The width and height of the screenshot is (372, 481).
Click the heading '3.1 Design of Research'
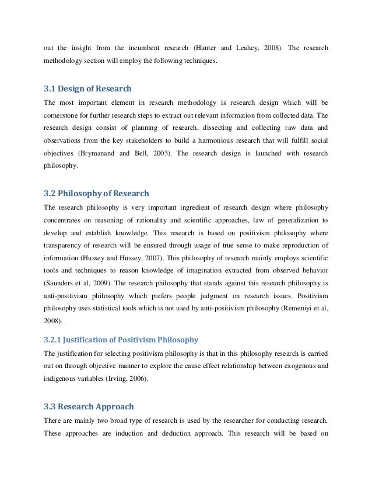[87, 89]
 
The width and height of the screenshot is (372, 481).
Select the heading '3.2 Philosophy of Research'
[96, 193]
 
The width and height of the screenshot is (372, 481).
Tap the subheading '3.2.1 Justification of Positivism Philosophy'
[121, 339]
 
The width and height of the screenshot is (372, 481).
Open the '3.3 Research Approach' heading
[89, 406]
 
